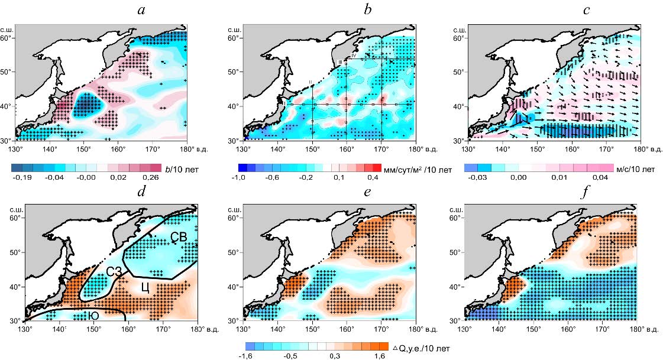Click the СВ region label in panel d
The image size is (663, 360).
(x=176, y=237)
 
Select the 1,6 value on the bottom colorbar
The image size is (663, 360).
(x=379, y=356)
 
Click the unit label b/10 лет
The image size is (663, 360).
(x=182, y=169)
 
